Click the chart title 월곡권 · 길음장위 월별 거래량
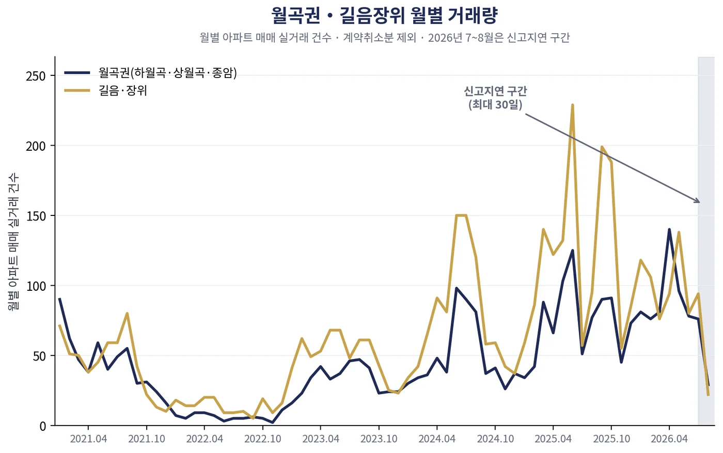pyautogui.click(x=384, y=15)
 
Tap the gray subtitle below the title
pyautogui.click(x=385, y=38)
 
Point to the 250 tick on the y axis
pyautogui.click(x=36, y=76)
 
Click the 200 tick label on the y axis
pyautogui.click(x=36, y=146)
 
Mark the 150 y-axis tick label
pyautogui.click(x=36, y=216)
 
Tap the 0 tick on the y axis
pyautogui.click(x=42, y=426)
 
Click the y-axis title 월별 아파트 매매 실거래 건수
pyautogui.click(x=13, y=242)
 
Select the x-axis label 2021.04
pyautogui.click(x=88, y=439)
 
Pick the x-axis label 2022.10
pyautogui.click(x=263, y=439)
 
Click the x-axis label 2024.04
pyautogui.click(x=437, y=439)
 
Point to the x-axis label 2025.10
pyautogui.click(x=611, y=439)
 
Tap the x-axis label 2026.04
pyautogui.click(x=669, y=439)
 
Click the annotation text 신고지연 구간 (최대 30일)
pyautogui.click(x=495, y=98)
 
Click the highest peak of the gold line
pyautogui.click(x=573, y=105)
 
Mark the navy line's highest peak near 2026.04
pyautogui.click(x=669, y=229)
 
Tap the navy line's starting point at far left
pyautogui.click(x=59, y=299)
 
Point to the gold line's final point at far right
pyautogui.click(x=708, y=395)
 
